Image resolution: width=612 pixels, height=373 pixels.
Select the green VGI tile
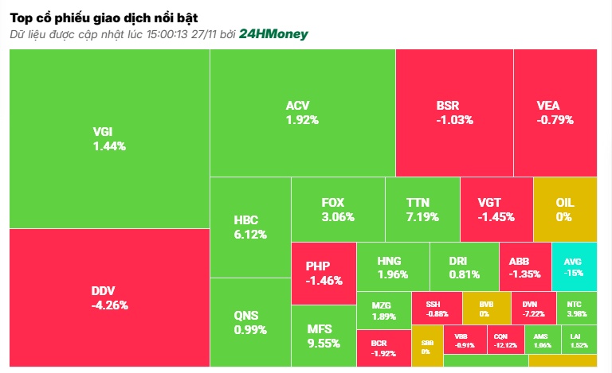tap(109, 138)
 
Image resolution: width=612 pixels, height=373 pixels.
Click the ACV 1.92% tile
tap(302, 112)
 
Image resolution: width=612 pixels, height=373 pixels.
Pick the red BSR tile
tap(454, 112)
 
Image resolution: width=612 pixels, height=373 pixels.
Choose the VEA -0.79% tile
tap(555, 112)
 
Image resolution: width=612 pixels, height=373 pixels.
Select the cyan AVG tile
tap(573, 266)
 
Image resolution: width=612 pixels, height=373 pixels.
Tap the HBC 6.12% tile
tap(250, 227)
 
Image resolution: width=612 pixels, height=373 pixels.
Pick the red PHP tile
tap(324, 273)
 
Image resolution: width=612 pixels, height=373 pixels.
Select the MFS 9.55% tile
tap(324, 336)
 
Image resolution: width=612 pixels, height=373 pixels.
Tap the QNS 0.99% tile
tap(250, 322)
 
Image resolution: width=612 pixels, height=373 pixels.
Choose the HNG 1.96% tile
tap(392, 267)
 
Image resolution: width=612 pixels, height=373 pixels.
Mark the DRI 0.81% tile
tap(464, 267)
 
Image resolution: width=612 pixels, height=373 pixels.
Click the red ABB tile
tap(524, 267)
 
